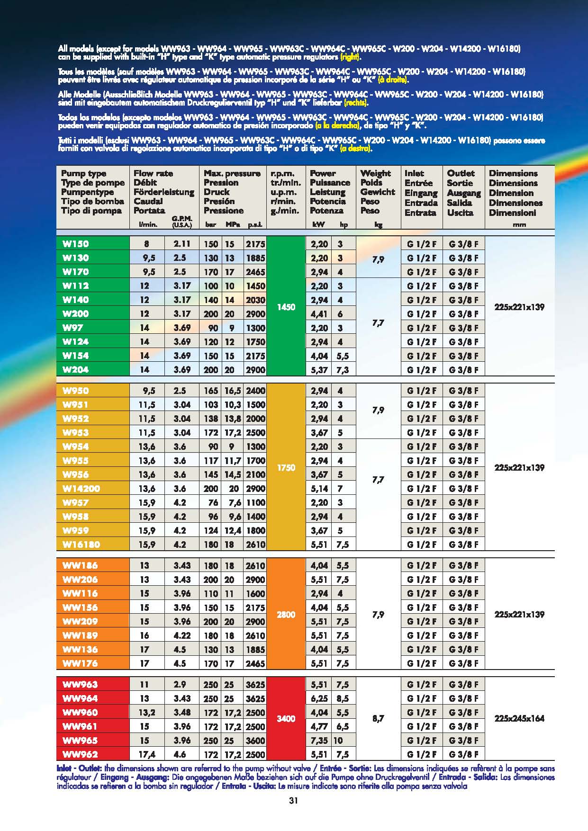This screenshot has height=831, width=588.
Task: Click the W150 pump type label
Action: click(76, 244)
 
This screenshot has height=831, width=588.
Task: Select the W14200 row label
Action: click(81, 489)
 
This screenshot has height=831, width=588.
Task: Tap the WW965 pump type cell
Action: click(80, 741)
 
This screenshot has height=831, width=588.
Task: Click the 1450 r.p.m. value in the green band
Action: click(286, 307)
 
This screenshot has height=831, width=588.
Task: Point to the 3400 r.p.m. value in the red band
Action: click(286, 719)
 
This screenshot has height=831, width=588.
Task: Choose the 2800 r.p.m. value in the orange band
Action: click(286, 615)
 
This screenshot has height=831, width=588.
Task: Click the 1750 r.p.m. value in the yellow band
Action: click(286, 467)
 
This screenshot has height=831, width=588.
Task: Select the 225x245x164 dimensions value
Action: click(519, 719)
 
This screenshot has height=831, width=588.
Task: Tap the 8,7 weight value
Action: click(378, 719)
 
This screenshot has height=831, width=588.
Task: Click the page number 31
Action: click(293, 801)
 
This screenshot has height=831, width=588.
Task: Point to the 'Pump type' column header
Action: click(84, 173)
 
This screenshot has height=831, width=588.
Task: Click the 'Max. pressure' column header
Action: click(232, 173)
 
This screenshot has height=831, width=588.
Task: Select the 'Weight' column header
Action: click(376, 173)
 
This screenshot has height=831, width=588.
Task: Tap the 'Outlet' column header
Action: click(461, 173)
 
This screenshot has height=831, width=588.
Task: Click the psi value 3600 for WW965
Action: click(255, 741)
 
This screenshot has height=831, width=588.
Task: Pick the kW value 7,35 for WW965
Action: click(319, 741)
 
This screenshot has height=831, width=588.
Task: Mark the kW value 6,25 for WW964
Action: click(319, 698)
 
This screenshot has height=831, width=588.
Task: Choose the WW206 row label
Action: click(80, 580)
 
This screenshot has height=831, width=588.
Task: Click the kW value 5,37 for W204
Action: click(319, 370)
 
